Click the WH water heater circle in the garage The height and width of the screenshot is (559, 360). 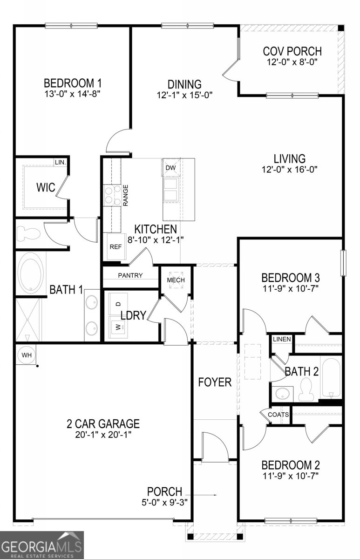tap(27, 354)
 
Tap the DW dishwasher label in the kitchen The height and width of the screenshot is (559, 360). tap(170, 168)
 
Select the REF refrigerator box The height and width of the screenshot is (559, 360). tap(116, 246)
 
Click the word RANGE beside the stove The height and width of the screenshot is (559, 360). tap(125, 195)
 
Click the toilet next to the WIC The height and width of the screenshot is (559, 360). tap(28, 233)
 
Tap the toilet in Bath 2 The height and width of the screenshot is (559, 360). tap(306, 389)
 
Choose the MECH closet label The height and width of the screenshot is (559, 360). tap(176, 280)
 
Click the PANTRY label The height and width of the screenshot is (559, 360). tap(130, 275)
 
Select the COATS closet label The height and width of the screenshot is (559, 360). tap(278, 415)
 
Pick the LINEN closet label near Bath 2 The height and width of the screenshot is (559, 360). tap(282, 339)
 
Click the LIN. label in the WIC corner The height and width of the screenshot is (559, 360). tap(61, 162)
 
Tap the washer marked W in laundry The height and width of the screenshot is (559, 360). tap(119, 327)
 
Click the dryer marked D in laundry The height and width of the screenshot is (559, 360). tap(119, 304)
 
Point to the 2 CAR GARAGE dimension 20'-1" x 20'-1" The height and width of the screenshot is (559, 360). tap(103, 435)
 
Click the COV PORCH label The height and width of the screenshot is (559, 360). tap(292, 51)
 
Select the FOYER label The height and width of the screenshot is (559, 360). tap(215, 382)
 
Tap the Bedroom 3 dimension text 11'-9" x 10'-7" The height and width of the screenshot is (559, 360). tap(291, 289)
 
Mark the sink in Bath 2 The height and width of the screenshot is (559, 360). tap(282, 394)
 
